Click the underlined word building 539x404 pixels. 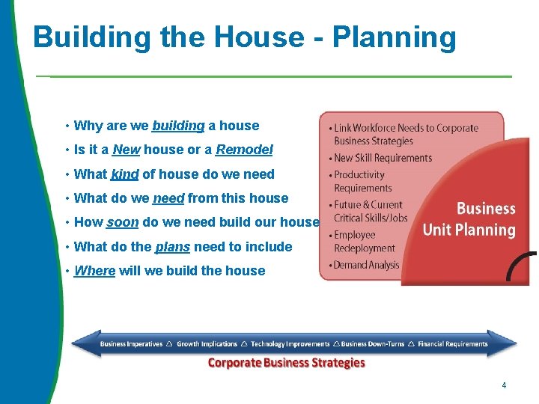[178, 126]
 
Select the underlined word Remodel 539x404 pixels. [244, 150]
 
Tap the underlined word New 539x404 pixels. [126, 150]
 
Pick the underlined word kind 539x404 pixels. [124, 174]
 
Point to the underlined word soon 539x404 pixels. [123, 222]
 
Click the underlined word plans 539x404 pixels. [171, 247]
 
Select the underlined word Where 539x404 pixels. [94, 271]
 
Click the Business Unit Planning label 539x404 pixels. [469, 219]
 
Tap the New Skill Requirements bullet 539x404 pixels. [383, 158]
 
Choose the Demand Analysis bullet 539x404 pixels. [366, 265]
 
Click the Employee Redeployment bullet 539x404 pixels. [364, 242]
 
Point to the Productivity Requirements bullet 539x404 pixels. [362, 181]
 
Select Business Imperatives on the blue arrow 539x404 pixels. [131, 344]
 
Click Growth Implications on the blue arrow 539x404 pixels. [207, 344]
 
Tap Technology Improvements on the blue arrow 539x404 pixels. [290, 344]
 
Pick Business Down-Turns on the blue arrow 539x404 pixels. [373, 344]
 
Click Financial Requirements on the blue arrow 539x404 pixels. [452, 344]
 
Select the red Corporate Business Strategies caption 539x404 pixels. [286, 363]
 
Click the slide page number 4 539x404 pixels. [504, 385]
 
